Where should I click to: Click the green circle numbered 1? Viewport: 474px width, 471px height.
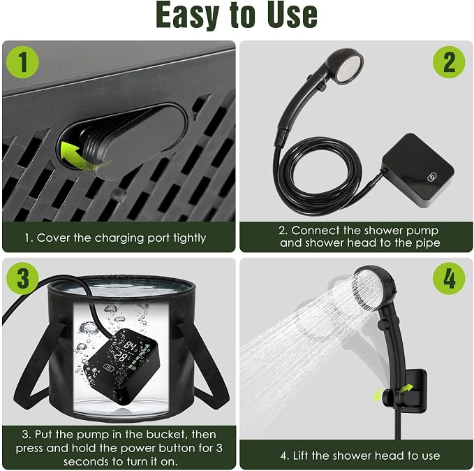coord(22,62)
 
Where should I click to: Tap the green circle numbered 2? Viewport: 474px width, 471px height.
coord(449,62)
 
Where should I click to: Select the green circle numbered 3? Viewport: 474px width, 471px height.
coord(22,278)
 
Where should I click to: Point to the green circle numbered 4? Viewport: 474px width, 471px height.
coord(449,278)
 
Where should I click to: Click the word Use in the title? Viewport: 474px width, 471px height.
coord(292,15)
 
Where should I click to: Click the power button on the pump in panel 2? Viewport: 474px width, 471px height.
coord(432,177)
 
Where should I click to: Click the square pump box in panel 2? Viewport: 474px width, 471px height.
coord(417,170)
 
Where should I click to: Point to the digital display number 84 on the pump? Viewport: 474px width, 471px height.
coord(131,346)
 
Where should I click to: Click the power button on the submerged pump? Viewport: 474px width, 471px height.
coord(108,368)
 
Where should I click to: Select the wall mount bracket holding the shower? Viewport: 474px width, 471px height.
coord(414,391)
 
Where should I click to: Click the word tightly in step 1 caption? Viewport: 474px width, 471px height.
coord(190,238)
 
